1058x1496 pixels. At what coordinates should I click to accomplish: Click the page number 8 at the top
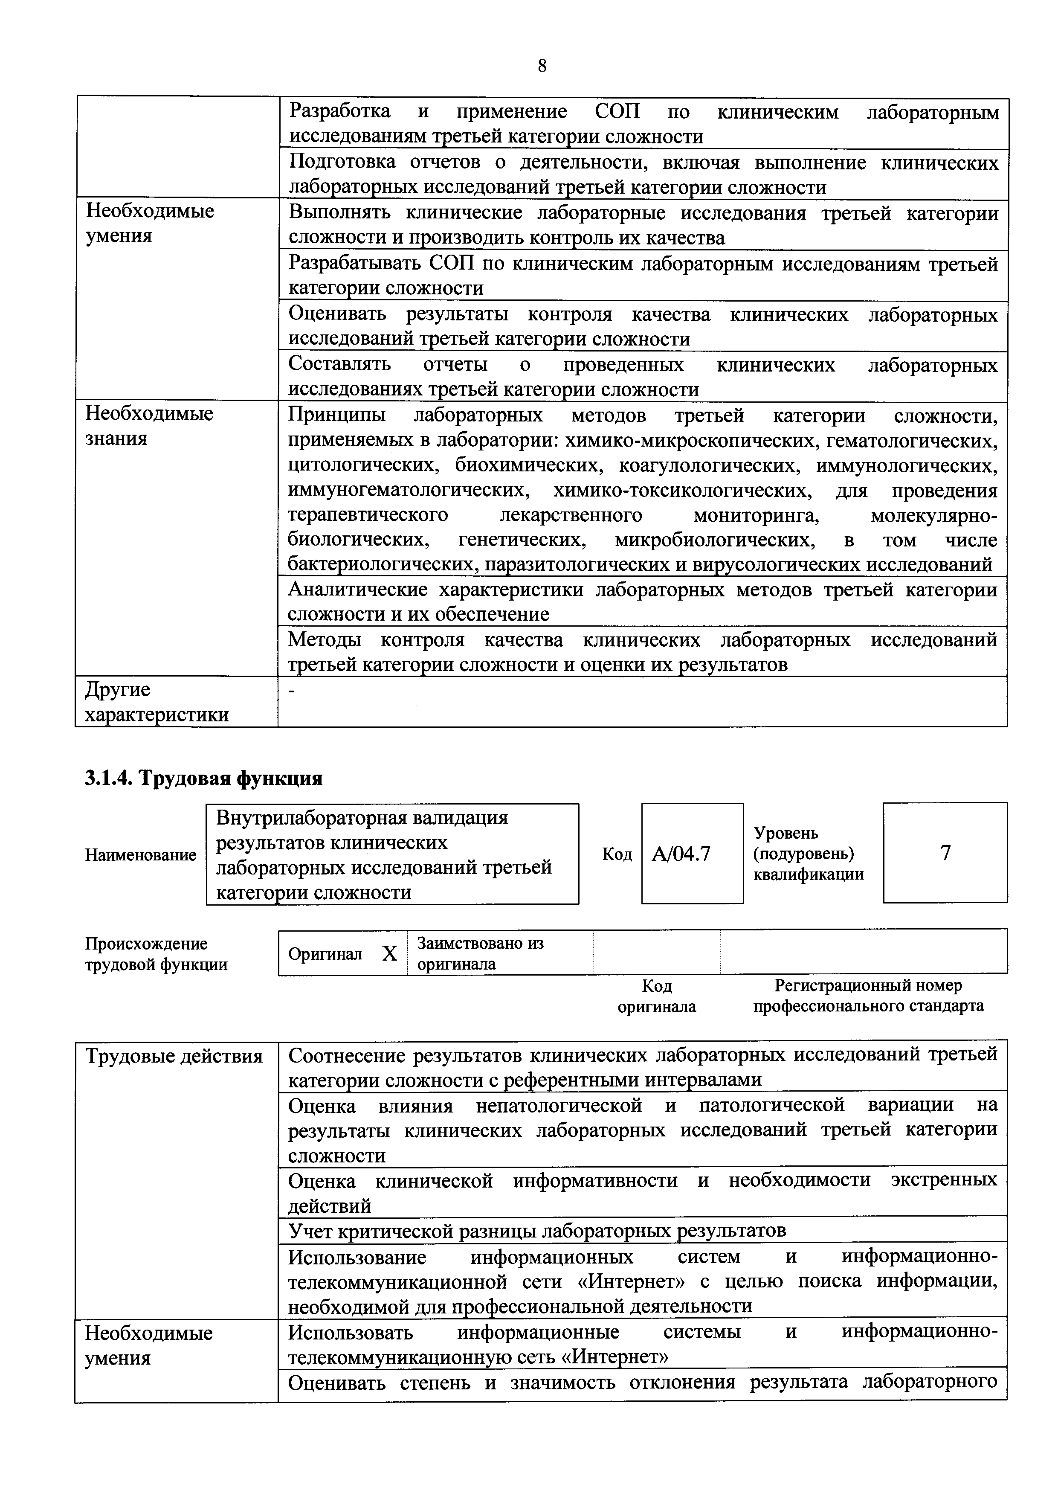[x=542, y=66]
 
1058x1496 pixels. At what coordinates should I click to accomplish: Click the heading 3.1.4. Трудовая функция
[x=203, y=778]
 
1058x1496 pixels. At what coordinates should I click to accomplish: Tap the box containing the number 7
[x=945, y=852]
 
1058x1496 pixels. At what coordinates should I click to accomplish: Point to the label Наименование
[x=140, y=855]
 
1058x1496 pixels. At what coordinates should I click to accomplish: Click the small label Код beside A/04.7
[x=616, y=854]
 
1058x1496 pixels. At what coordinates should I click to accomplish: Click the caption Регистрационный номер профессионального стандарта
[x=868, y=996]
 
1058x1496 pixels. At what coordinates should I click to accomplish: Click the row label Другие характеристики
[x=157, y=702]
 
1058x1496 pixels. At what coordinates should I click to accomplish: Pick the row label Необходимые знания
[x=149, y=425]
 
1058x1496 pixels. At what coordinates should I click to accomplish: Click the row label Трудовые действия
[x=174, y=1055]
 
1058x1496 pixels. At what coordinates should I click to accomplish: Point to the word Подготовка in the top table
[x=342, y=162]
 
